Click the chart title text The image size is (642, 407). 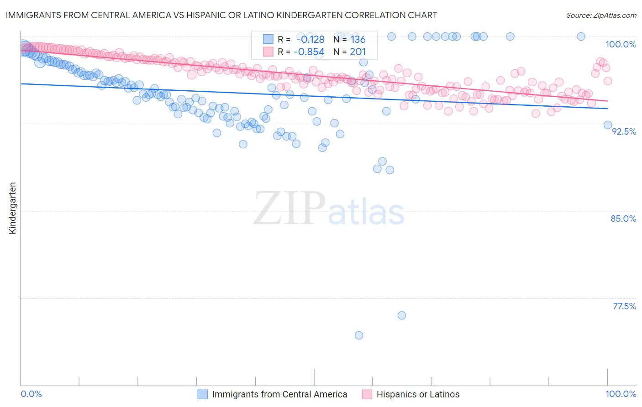pos(221,15)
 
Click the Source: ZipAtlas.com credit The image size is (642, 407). pos(601,15)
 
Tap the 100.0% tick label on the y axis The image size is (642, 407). pos(621,44)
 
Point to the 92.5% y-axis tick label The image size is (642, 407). pos(624,131)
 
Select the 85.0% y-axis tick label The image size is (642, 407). pos(623,219)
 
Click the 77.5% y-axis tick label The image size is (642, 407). pos(624,306)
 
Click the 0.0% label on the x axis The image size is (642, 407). pos(32,394)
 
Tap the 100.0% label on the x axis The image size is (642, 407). pos(621,394)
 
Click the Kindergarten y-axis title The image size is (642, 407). pos(12,208)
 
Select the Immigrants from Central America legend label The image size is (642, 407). pos(279,394)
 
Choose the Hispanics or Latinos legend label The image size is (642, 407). pos(418,394)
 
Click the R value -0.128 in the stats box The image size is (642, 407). pos(310,40)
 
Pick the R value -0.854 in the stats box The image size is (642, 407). pos(309,52)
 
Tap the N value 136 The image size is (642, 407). pos(358,40)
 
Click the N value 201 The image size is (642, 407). pos(358,52)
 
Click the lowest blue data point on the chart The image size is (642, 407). pos(359,335)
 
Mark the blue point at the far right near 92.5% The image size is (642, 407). pos(608,125)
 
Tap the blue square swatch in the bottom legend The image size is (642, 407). pos(202,394)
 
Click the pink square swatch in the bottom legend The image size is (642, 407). pos(367,394)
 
